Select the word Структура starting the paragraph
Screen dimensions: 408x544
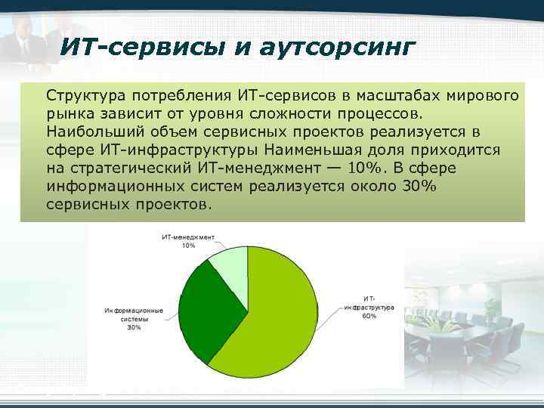[84, 96]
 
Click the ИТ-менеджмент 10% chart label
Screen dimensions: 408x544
[188, 241]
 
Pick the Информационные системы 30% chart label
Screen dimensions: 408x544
[134, 319]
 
